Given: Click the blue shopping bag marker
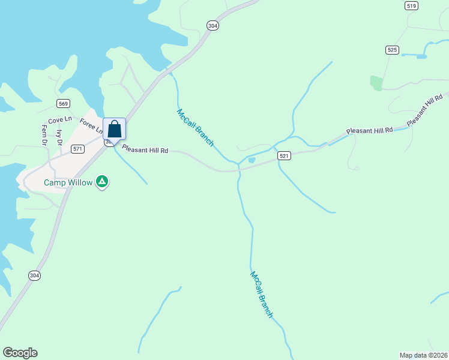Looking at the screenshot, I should [114, 129].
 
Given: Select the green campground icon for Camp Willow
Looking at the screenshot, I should [103, 181].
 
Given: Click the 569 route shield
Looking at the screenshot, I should [64, 104].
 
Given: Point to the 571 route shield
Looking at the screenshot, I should [77, 148].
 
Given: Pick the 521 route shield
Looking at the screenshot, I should [285, 156].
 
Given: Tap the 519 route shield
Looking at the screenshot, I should [411, 6].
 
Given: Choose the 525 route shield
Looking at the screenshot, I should [393, 50].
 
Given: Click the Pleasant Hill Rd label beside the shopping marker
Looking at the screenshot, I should [145, 149].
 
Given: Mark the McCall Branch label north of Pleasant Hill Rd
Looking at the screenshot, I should [195, 127].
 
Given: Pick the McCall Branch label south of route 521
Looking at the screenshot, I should [262, 294].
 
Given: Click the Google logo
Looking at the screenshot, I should [20, 353].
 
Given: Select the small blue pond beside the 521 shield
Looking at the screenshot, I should [251, 160].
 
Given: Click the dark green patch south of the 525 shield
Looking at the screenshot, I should [376, 83].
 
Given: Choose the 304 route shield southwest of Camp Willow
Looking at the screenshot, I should [35, 275].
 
